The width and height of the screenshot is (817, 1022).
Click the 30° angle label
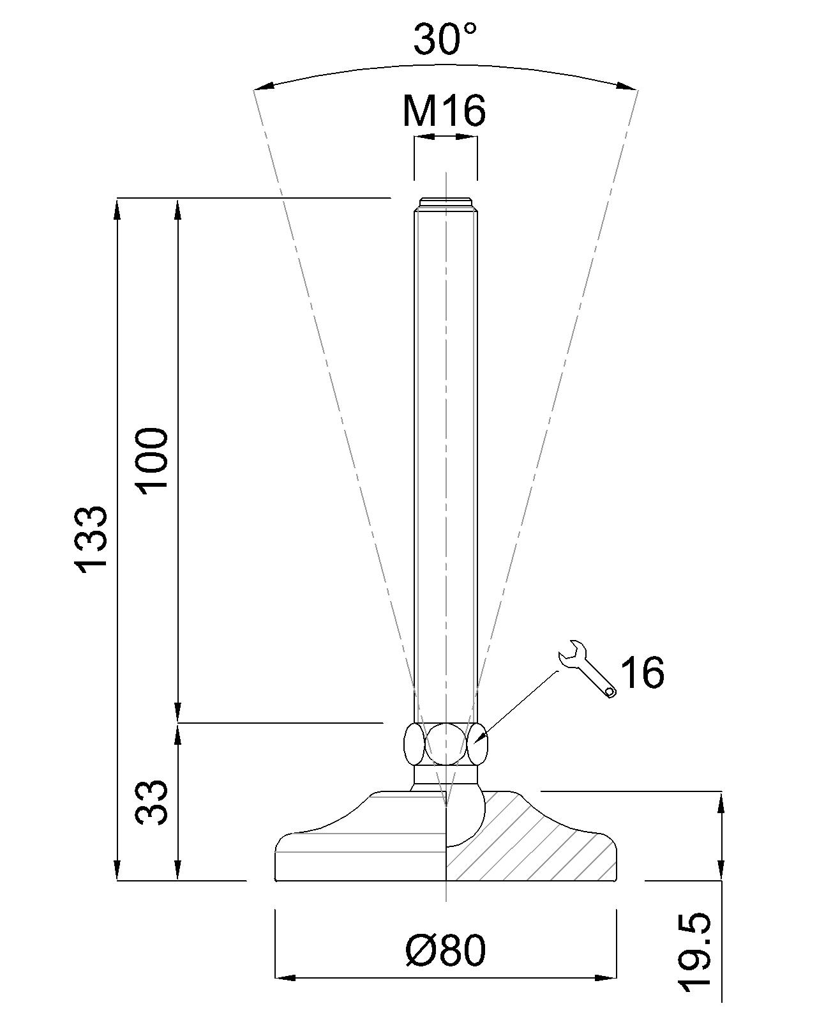(445, 40)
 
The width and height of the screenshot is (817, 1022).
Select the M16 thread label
(444, 111)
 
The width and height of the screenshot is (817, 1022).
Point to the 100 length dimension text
(153, 459)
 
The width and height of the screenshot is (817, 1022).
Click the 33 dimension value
(153, 802)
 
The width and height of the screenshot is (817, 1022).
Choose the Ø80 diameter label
(445, 950)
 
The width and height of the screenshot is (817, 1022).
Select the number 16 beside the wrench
(642, 672)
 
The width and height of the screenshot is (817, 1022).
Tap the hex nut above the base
(446, 744)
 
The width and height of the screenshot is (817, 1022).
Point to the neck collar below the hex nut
(445, 775)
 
